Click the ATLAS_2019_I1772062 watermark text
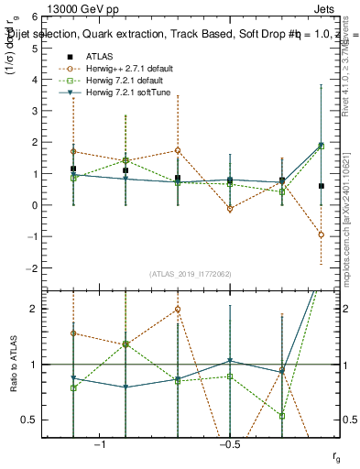click(191, 273)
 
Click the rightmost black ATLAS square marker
click(321, 186)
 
